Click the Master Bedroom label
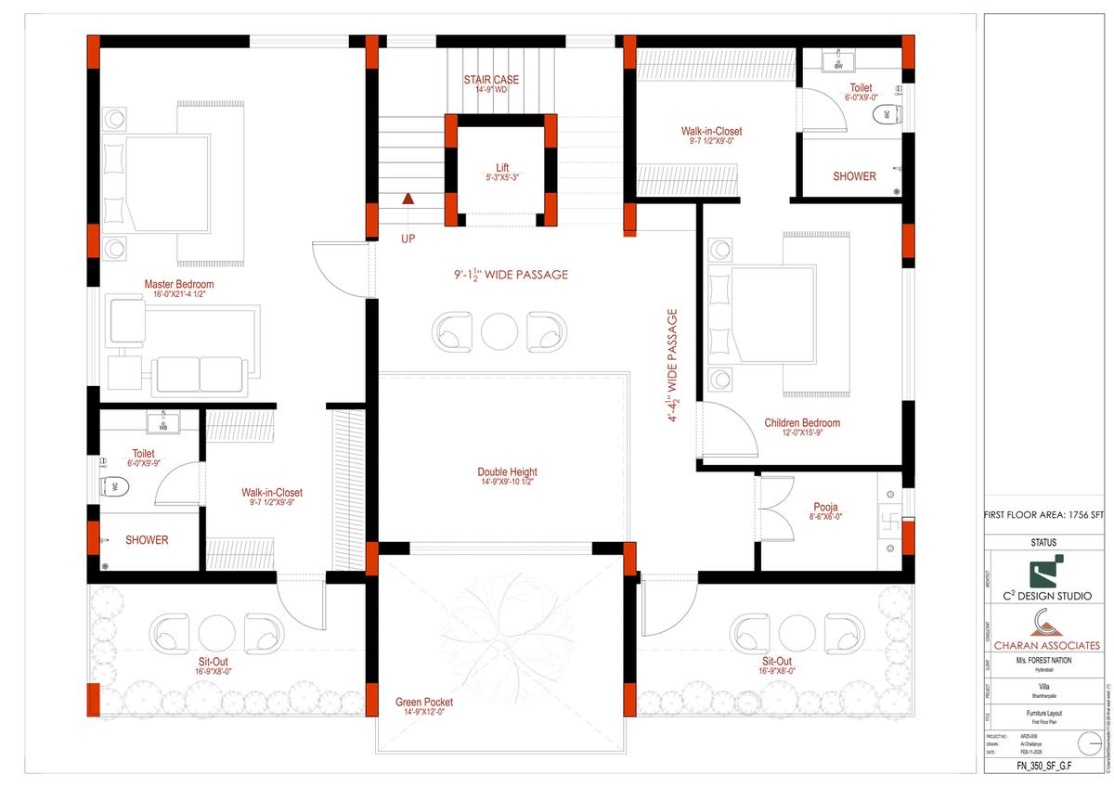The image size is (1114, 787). click(x=179, y=284)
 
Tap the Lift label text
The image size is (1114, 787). click(x=501, y=168)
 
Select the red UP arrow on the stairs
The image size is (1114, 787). click(x=408, y=198)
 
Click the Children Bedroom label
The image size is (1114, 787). click(x=802, y=423)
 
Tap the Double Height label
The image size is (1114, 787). click(x=508, y=472)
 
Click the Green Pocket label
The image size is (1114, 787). click(x=424, y=703)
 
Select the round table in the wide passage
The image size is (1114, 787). click(x=500, y=330)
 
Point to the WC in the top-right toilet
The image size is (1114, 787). click(x=886, y=115)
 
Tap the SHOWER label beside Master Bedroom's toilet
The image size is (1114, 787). click(x=147, y=539)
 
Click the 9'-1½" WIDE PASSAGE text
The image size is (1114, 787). click(x=511, y=275)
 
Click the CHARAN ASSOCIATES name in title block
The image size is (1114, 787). click(x=1047, y=644)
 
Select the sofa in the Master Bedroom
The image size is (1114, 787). click(x=199, y=373)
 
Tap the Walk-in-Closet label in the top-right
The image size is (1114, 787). click(x=711, y=132)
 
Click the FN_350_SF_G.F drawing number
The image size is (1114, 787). click(x=1046, y=768)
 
